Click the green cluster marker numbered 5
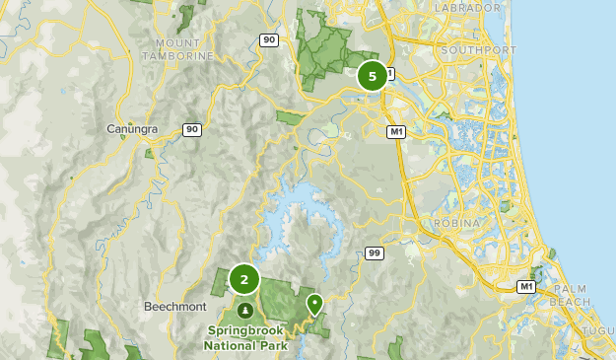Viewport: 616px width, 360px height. (x=372, y=76)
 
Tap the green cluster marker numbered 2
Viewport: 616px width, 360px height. (x=244, y=280)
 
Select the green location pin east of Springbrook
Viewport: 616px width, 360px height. (x=314, y=304)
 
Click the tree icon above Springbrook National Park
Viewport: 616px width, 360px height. (x=244, y=312)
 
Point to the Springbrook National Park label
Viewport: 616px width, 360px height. (x=245, y=338)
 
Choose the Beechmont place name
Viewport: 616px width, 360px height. (x=172, y=307)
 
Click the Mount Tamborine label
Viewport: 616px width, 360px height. (x=184, y=49)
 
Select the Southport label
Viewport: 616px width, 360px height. (x=478, y=49)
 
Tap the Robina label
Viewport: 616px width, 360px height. (x=456, y=224)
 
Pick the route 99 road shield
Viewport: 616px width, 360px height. (x=374, y=253)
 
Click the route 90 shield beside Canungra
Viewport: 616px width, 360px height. (x=191, y=129)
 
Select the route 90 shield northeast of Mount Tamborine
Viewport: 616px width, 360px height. (x=269, y=39)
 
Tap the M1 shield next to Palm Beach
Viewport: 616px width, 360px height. (x=527, y=287)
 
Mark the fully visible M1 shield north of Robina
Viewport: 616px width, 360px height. (x=396, y=131)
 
